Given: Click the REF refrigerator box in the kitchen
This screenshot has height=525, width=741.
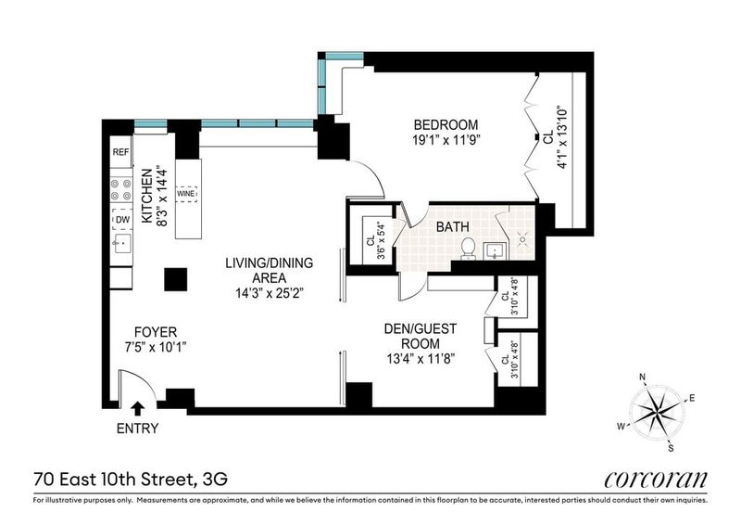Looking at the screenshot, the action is (121, 151).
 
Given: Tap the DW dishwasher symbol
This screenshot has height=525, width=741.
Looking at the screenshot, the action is (122, 219).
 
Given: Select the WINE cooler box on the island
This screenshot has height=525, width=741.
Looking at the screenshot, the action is (186, 194).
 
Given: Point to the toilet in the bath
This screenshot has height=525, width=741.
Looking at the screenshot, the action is (468, 248).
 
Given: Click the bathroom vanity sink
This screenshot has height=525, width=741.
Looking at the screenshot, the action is (495, 251).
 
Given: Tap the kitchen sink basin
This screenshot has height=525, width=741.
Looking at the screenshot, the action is (121, 243).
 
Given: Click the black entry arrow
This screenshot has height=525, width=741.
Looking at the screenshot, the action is (138, 407).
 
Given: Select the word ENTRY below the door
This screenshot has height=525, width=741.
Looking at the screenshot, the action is (137, 429).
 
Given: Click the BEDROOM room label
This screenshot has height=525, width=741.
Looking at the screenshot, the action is (446, 124).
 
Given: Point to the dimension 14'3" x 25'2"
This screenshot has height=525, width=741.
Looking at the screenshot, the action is (269, 293).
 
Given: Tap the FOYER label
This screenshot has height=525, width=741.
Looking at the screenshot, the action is (156, 332).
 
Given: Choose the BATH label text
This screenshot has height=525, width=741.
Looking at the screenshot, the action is (452, 226).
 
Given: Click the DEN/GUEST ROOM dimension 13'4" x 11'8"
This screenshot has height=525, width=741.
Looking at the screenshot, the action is (421, 359).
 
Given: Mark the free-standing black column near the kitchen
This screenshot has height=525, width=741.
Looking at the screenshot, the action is (176, 279).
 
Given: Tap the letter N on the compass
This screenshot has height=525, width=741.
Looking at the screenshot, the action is (642, 377).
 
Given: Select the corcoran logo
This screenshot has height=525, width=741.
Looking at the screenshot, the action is (656, 480).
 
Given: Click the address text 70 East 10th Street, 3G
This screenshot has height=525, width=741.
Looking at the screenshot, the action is (131, 480).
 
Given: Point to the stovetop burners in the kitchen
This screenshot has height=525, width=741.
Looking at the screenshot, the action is (121, 189).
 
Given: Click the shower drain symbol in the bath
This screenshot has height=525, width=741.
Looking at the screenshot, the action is (522, 239).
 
